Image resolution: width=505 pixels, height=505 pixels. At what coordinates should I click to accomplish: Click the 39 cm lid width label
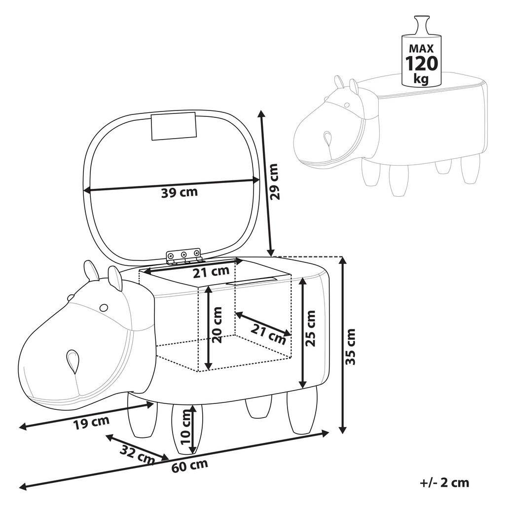point(179,193)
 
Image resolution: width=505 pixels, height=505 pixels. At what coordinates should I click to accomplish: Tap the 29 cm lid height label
point(274,182)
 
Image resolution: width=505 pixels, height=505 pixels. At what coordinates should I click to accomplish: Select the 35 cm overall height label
point(350,347)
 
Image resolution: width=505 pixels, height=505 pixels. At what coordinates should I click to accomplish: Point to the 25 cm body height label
point(310,328)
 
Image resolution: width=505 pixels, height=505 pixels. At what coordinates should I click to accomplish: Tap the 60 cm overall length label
point(189,466)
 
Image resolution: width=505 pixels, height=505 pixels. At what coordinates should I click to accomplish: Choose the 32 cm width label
point(138,454)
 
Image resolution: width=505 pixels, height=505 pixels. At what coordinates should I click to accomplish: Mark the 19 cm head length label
point(91,423)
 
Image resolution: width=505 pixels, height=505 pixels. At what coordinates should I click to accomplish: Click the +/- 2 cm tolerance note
point(444,483)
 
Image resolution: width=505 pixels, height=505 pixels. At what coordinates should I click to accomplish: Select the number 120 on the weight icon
point(421,63)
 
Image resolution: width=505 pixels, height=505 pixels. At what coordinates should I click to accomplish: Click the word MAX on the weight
point(421,49)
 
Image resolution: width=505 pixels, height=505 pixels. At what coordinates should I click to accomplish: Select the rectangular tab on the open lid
point(174,126)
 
